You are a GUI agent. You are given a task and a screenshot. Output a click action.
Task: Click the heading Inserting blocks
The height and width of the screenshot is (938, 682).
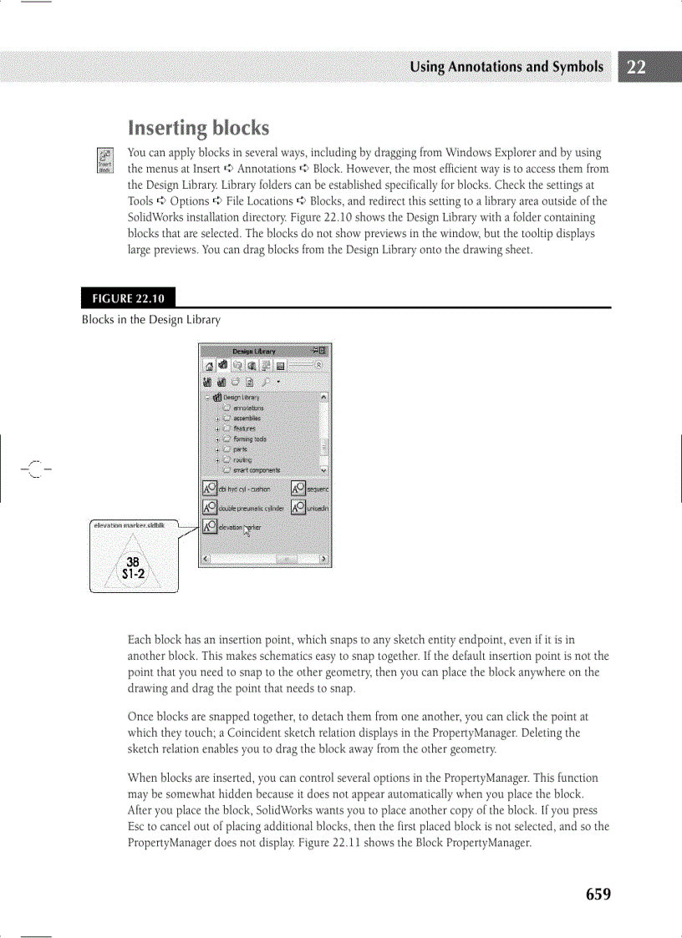(x=198, y=128)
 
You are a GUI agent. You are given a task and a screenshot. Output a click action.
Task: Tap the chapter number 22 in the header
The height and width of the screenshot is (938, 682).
(x=636, y=68)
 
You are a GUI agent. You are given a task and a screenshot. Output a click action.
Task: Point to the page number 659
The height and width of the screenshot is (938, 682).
(x=598, y=895)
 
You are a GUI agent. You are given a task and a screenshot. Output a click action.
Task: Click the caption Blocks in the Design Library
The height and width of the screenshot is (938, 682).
(x=150, y=320)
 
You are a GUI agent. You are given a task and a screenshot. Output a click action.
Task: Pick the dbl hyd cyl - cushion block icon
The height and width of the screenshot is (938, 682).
(x=210, y=488)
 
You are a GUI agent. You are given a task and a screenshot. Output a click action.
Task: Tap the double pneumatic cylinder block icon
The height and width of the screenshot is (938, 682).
(x=210, y=508)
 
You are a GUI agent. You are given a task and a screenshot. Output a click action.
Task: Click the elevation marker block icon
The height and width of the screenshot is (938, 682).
(x=210, y=527)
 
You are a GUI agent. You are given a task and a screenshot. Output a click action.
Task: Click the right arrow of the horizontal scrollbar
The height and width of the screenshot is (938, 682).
(x=324, y=559)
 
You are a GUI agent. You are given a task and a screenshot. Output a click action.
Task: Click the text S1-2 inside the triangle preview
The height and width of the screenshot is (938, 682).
(x=134, y=573)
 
